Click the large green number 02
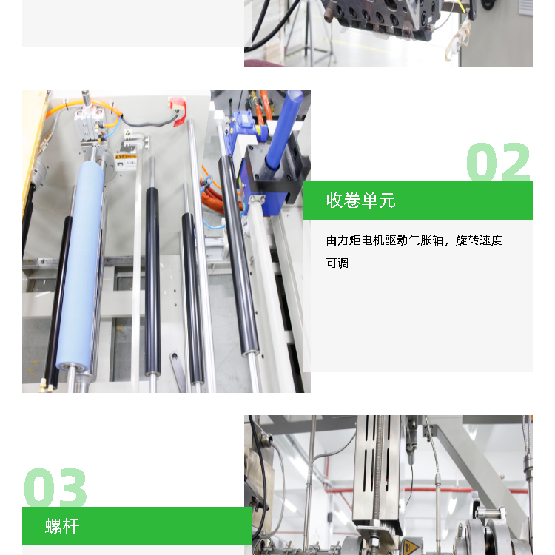click(498, 162)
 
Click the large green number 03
click(55, 488)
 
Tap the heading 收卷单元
click(360, 201)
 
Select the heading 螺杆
click(62, 526)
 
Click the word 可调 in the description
click(337, 263)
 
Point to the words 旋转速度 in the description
click(480, 240)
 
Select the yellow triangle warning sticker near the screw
click(410, 547)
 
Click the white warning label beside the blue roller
click(126, 161)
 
